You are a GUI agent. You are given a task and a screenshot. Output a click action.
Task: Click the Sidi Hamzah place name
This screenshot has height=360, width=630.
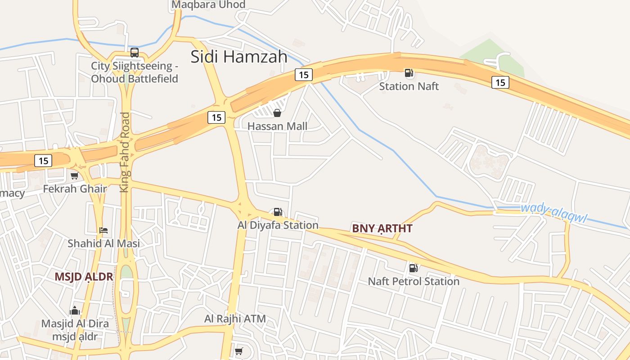point(239,57)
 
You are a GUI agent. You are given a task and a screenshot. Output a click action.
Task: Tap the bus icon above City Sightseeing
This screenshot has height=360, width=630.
point(134,53)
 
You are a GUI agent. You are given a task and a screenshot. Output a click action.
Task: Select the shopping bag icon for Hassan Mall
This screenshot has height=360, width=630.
point(277,113)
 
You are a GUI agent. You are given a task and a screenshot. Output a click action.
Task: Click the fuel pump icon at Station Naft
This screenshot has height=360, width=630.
point(409,73)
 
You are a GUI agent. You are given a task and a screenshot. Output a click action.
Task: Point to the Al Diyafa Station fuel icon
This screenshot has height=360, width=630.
point(278,212)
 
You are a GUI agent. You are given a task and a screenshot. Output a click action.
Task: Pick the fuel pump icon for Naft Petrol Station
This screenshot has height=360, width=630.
point(413,268)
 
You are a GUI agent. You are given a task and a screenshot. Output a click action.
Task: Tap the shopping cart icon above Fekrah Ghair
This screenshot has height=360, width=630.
point(74,175)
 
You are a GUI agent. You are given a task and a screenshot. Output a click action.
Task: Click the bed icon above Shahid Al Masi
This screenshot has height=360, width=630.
point(103,230)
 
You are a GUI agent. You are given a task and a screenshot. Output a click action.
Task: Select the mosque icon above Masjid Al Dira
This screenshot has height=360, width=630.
point(75,310)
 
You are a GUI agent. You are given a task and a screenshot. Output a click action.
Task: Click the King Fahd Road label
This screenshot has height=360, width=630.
point(125,152)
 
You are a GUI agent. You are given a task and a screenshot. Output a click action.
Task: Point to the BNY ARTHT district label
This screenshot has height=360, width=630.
point(382,229)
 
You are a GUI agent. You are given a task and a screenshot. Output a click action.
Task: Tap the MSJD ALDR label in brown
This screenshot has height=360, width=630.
point(84,277)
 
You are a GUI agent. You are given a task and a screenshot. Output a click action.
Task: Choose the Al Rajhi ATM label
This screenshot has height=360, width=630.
point(235,319)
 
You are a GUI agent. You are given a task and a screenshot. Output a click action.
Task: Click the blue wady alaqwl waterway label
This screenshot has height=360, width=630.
point(554,213)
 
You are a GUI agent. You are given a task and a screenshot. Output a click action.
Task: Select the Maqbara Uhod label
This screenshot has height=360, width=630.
point(208,5)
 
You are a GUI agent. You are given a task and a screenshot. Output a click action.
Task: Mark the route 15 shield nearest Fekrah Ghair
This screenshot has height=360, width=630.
point(43,161)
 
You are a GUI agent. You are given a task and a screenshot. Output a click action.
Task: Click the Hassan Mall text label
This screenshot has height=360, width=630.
point(278,126)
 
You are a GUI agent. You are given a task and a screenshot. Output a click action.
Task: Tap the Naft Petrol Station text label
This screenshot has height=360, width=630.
point(414,282)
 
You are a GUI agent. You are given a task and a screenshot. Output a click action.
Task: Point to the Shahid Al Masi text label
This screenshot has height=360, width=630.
point(103,243)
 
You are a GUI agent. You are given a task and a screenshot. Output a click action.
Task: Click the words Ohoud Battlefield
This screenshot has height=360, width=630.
point(135,79)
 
